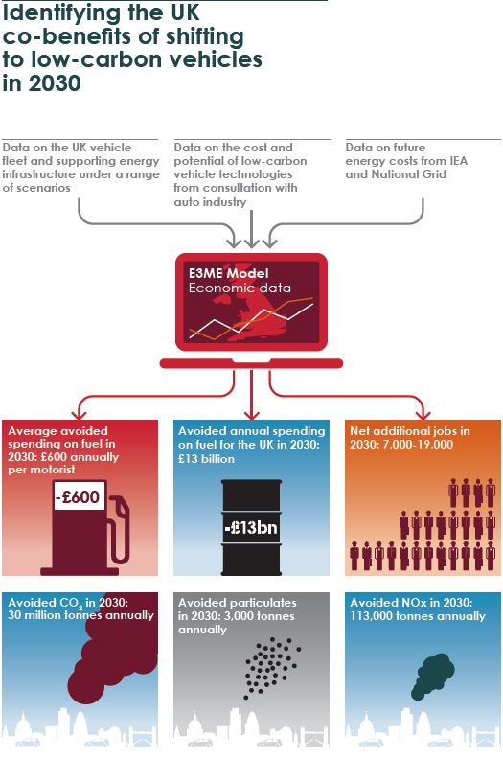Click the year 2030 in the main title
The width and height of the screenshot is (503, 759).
[55, 83]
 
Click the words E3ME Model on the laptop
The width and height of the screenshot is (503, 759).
[228, 273]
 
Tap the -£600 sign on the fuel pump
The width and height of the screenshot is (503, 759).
[79, 496]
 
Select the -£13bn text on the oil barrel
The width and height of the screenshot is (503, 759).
[251, 527]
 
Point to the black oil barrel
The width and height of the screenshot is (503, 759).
[251, 527]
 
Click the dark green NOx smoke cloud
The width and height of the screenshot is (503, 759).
[435, 675]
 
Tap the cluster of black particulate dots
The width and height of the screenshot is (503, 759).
[272, 668]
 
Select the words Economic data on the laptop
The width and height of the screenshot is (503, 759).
[240, 288]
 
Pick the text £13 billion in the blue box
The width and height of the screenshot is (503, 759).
[206, 458]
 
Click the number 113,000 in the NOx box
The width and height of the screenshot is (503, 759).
[371, 616]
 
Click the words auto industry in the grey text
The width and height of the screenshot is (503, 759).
[210, 202]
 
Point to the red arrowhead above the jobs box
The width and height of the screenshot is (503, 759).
[423, 414]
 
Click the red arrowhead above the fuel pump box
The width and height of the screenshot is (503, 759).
[79, 414]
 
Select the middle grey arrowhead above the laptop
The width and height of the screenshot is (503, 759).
[251, 242]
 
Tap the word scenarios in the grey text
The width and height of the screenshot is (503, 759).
[36, 188]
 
